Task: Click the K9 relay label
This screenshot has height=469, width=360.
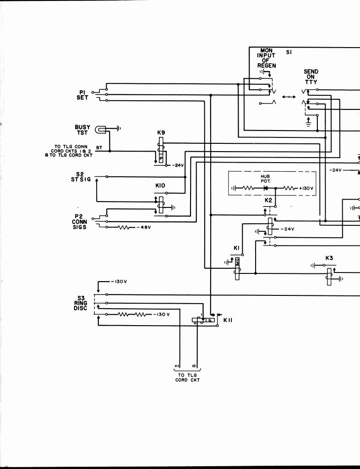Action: [161, 133]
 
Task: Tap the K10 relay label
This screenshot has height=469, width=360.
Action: [160, 185]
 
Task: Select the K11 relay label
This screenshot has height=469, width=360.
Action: [228, 320]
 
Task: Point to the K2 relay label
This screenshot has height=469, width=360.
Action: [268, 201]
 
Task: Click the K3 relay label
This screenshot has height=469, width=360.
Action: [329, 258]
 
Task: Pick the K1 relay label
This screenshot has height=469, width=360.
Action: [237, 248]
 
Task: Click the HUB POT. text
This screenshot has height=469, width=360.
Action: [266, 178]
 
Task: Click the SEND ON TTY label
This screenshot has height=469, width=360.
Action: [311, 76]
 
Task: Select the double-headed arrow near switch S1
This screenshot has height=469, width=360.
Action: [289, 97]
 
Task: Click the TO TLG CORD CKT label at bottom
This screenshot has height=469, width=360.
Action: [188, 377]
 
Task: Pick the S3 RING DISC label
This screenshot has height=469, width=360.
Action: [80, 303]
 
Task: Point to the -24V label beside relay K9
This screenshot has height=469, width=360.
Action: [178, 165]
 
